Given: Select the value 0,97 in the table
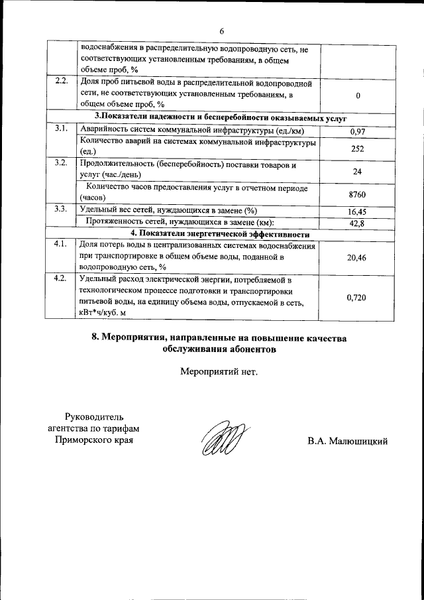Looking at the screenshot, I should pos(358,132).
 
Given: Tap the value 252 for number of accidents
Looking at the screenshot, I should pos(358,149).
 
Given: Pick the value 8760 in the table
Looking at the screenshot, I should pos(358,194).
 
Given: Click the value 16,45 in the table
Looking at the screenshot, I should pos(358,211).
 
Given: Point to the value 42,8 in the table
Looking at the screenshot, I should pos(358,223).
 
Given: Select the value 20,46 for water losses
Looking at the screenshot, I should pos(358,257).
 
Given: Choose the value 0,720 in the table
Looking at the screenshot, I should pos(358,298).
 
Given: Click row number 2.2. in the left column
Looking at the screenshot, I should pos(61,81).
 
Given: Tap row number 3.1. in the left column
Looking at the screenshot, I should pos(61,128).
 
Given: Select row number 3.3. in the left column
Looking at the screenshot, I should pos(61,209).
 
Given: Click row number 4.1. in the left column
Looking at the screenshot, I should pos(61,244).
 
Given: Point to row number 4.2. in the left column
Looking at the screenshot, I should pos(61,278).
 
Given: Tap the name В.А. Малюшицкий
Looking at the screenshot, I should pos(347,442).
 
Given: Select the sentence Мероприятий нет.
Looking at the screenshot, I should pos(218,371).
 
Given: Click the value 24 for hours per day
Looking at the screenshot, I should pos(358,171).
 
